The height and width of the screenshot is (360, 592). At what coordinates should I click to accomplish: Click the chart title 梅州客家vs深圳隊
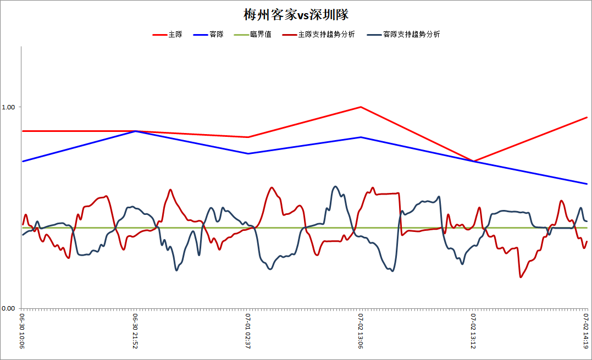point(296,15)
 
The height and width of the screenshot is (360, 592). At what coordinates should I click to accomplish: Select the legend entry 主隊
point(167,34)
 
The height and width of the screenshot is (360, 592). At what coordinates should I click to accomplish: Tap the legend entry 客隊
point(208,34)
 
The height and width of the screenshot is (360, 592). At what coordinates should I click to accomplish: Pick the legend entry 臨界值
point(253,34)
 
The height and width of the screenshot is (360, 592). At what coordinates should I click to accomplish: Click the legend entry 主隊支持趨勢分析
point(318,34)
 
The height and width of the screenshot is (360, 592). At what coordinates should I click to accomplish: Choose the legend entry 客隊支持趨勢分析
point(403,34)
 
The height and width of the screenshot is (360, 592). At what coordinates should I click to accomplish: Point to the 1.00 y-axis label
point(8,107)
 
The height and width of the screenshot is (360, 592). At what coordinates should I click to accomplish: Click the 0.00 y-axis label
point(8,308)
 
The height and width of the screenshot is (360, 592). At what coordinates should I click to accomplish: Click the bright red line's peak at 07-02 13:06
point(361,107)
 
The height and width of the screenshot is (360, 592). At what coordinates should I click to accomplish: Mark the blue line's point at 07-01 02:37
point(248,153)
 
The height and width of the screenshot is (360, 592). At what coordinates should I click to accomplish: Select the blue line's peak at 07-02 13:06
point(361,137)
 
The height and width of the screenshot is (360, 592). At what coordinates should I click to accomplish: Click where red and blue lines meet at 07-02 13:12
point(473,161)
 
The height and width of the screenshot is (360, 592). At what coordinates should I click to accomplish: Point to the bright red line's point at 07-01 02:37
point(248,137)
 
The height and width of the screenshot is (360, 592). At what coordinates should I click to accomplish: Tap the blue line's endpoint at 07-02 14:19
point(587,184)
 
